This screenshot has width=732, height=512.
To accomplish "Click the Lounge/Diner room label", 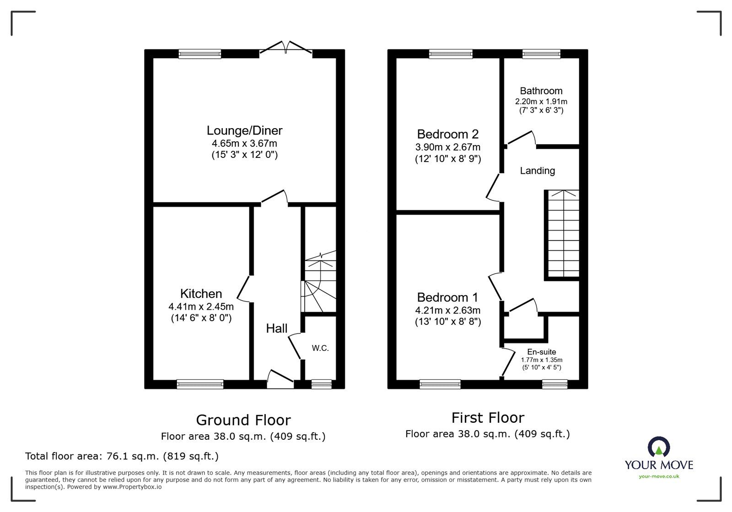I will pos(244,130).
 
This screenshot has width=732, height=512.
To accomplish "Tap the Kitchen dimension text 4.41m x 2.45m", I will pos(201,307).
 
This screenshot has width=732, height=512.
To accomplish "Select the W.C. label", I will pos(320,348).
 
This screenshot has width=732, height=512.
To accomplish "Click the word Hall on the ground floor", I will pos(277,328).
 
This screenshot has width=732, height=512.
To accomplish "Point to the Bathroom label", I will pos(541,91).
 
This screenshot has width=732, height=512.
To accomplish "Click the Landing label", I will pos(537,171).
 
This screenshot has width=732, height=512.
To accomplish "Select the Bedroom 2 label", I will pos(447,134).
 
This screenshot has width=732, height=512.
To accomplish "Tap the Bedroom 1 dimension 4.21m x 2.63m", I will pos(448,310).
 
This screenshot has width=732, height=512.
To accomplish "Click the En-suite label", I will pos(542,352).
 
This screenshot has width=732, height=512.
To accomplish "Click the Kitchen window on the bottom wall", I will pos(200,384).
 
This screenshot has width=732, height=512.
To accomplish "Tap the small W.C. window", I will pos(321,384).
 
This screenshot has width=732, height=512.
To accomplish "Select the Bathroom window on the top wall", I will pos(541,54).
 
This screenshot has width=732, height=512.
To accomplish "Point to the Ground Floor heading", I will pos(243,420).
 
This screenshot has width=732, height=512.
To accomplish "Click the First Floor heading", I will pos(487,417).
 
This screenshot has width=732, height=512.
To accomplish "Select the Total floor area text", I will pos(122,456).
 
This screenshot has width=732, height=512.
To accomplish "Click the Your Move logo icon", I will pos(659,447).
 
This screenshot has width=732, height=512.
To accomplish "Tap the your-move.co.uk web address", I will pos(659,476).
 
